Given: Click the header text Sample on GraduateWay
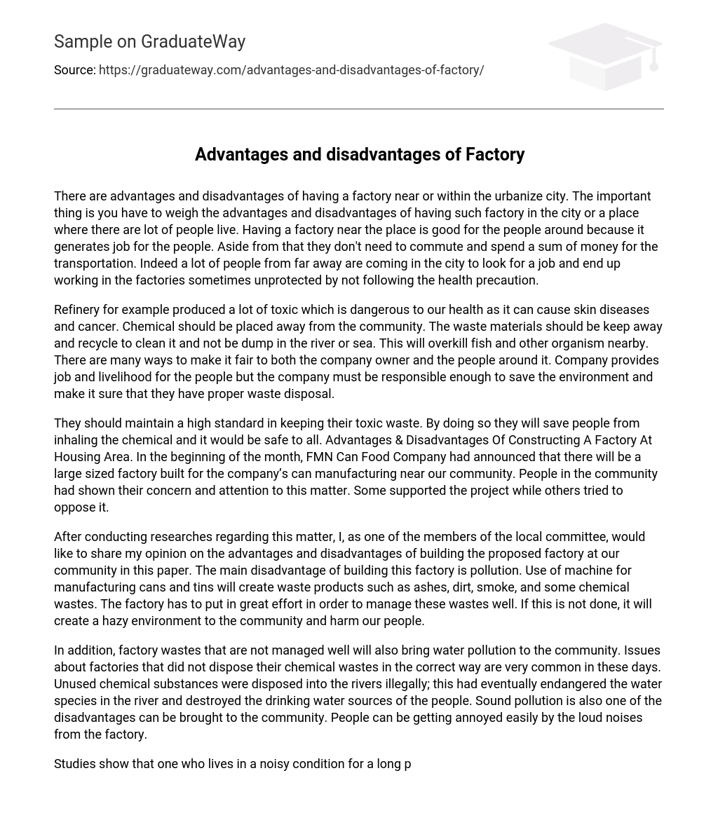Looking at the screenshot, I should coord(149,42).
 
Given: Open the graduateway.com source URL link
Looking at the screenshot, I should coord(291,70).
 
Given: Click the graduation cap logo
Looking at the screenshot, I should coord(604,56).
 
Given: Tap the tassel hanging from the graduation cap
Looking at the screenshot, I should coord(653,63).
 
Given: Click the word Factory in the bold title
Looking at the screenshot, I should coord(495,155).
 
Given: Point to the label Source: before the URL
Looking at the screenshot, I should coord(74,70).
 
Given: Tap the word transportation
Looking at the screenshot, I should coord(95,264).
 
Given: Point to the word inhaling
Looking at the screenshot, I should coord(77,440).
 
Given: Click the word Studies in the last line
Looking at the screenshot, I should coord(75,764).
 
